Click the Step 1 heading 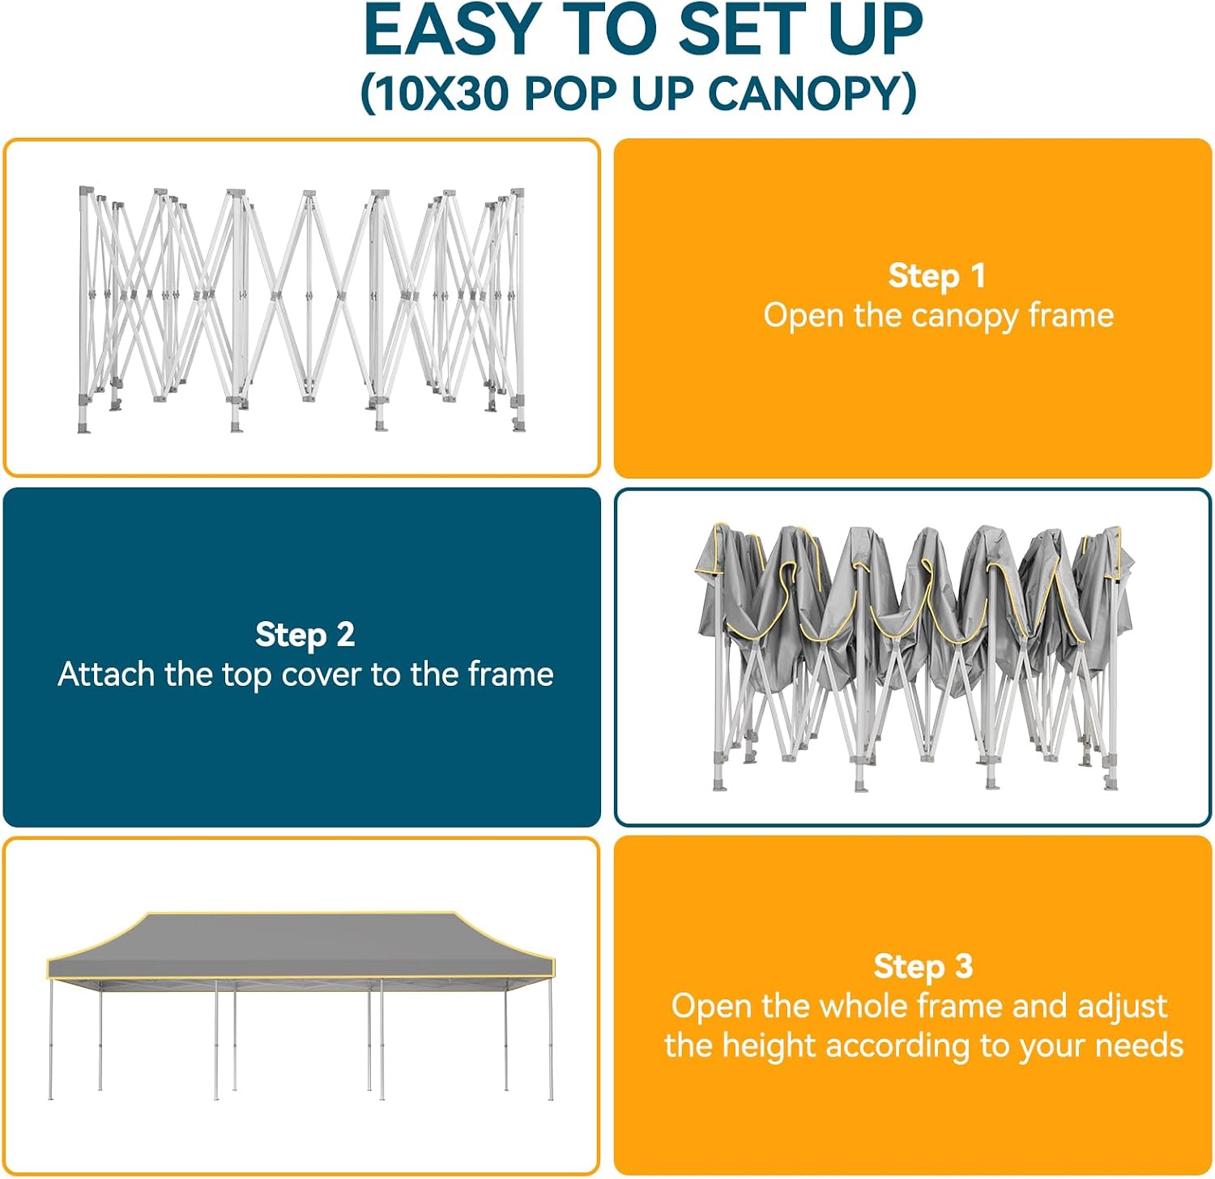[x=937, y=275]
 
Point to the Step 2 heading [x=305, y=634]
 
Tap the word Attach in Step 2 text [x=106, y=674]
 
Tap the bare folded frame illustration [x=301, y=310]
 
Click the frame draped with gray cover [x=914, y=657]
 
